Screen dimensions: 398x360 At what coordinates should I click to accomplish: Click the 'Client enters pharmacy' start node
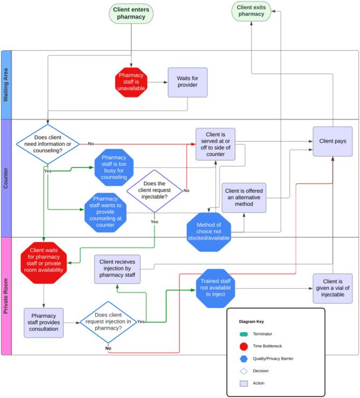tap(131, 13)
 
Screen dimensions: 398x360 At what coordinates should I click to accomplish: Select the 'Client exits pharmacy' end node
tap(251, 11)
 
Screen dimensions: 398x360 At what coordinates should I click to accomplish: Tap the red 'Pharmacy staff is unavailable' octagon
tap(131, 82)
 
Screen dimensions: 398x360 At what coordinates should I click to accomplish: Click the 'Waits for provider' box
tap(187, 82)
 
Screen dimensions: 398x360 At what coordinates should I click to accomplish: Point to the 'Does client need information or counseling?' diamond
tap(48, 143)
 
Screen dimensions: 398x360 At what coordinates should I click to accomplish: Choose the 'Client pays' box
tap(333, 142)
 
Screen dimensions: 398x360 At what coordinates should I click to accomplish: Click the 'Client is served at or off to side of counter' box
tap(216, 144)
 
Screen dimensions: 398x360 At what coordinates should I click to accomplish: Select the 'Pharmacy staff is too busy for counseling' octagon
tap(114, 167)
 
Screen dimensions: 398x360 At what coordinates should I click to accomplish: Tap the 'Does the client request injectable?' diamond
tap(154, 191)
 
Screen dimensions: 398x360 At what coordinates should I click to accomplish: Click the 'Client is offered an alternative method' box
tap(244, 198)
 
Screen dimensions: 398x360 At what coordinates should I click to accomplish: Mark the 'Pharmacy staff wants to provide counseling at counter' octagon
tap(105, 211)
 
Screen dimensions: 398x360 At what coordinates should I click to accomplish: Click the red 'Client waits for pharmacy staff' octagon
tap(44, 263)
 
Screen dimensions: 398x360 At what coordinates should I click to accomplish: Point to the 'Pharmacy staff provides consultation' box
tap(44, 323)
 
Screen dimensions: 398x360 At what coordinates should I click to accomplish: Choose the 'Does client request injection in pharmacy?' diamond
tap(108, 322)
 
